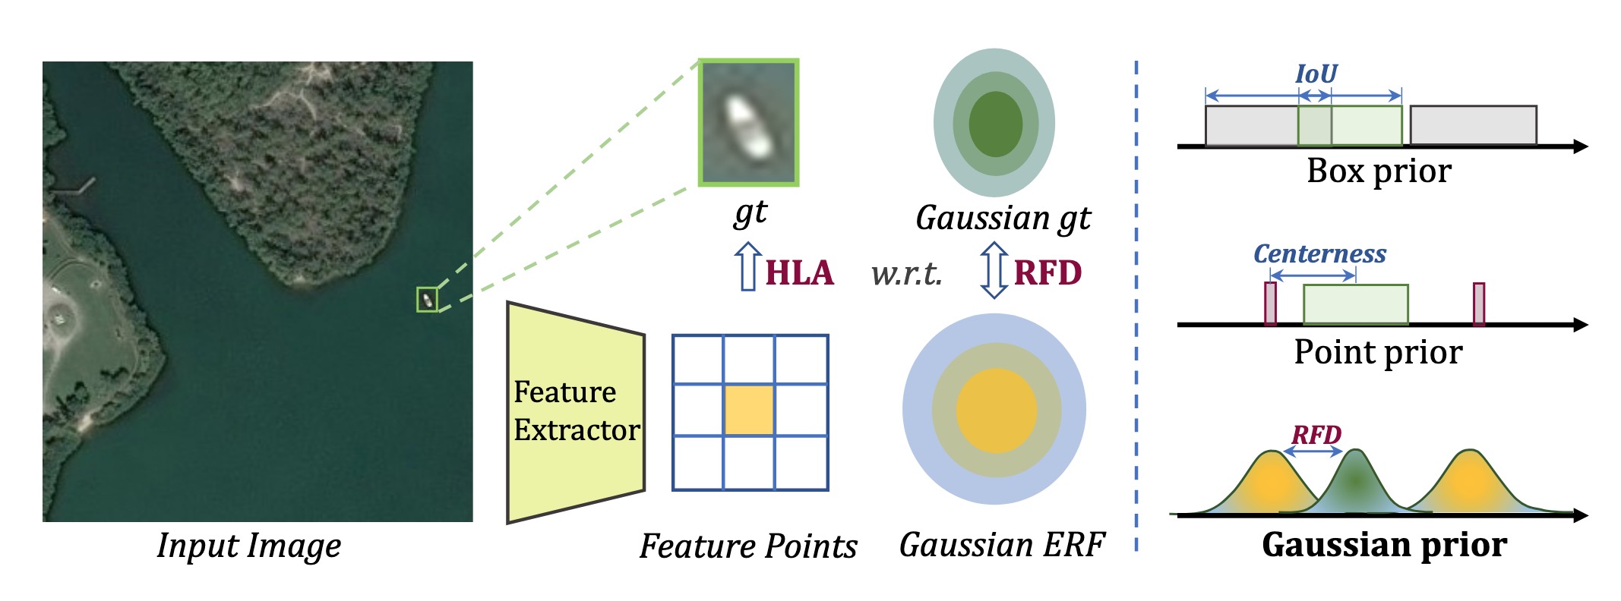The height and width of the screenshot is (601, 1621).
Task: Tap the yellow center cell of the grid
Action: [x=749, y=410]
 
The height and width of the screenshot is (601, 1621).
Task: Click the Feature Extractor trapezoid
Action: [x=575, y=412]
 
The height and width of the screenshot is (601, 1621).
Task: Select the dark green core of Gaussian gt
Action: [x=995, y=124]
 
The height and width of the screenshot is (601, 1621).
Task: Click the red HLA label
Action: [x=799, y=273]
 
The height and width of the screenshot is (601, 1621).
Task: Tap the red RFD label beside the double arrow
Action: [x=1047, y=273]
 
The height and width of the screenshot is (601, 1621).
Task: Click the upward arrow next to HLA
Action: [x=748, y=266]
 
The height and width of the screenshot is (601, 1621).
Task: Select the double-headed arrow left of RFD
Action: [x=994, y=270]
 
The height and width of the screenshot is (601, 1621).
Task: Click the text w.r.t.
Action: [x=906, y=274]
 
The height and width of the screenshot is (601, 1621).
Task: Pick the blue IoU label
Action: [x=1316, y=74]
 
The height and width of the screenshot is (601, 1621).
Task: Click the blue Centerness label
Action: [x=1319, y=253]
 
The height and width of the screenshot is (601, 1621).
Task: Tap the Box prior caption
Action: [x=1379, y=171]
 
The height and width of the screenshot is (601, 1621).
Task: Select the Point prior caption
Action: [x=1378, y=352]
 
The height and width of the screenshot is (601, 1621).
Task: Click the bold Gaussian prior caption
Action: [x=1384, y=545]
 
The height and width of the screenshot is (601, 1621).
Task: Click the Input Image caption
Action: [x=249, y=546]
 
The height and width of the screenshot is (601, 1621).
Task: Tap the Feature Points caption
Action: [x=748, y=546]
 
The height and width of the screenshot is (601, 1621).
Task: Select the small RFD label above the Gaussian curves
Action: [x=1316, y=435]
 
